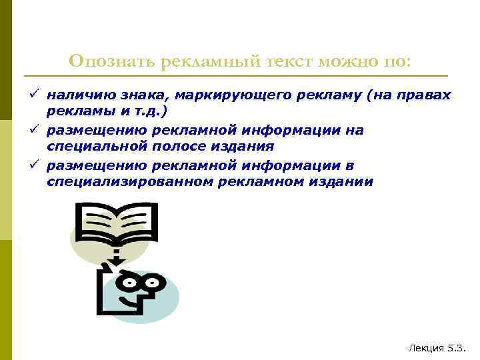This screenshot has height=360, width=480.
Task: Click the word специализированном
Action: pyautogui.click(x=129, y=181)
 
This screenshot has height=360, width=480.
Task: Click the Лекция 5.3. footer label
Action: pyautogui.click(x=436, y=348)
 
